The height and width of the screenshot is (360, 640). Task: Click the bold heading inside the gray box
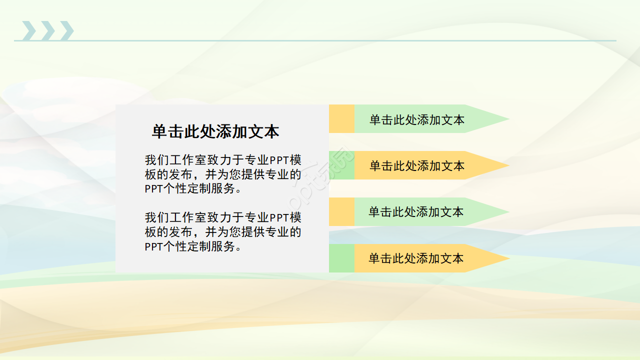pos(215,131)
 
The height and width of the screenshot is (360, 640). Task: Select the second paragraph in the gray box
pos(223,232)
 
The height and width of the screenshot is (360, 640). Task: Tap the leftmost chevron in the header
pos(29,30)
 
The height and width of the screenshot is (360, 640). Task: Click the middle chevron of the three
pos(48,30)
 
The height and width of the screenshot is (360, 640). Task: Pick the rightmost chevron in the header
pos(67,30)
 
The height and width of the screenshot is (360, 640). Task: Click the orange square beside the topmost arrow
pos(341,119)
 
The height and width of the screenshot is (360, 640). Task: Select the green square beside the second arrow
pos(341,165)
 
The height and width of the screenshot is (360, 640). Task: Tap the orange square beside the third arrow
pos(341,211)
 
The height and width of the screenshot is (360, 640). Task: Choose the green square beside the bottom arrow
pos(341,258)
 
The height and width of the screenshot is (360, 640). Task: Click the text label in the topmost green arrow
pos(416,120)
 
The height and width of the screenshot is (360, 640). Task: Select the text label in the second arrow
pos(416,166)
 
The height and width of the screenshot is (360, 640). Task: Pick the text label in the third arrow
pos(416,212)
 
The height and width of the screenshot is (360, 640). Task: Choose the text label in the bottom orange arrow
pos(416,258)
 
